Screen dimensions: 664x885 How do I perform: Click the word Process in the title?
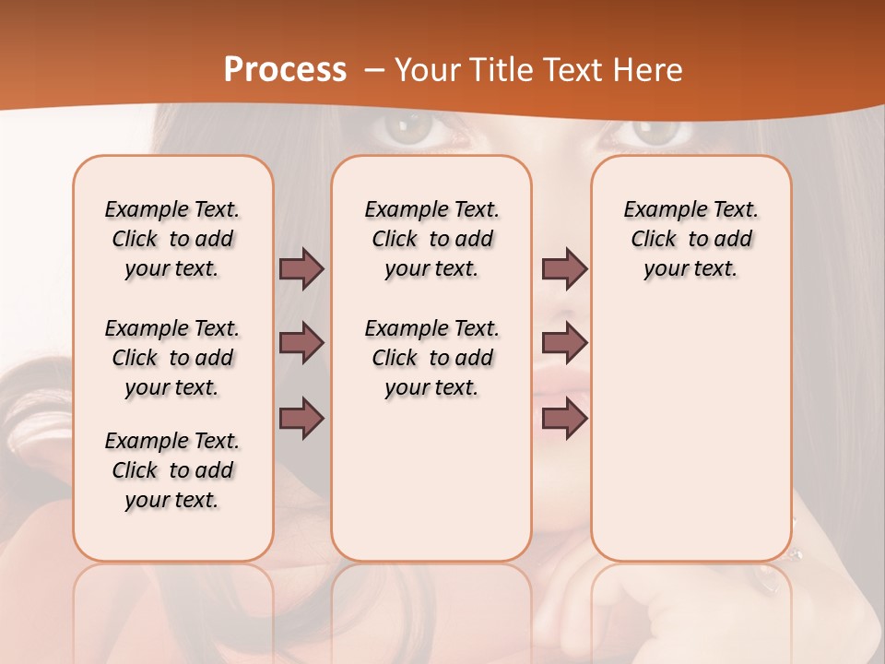tap(285, 70)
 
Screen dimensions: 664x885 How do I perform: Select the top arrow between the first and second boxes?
tap(301, 268)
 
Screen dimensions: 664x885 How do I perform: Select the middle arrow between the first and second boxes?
tap(301, 343)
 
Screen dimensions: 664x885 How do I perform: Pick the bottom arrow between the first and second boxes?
tap(301, 419)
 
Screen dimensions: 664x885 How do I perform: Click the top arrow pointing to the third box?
tap(564, 268)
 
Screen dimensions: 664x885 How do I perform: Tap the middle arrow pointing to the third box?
tap(564, 343)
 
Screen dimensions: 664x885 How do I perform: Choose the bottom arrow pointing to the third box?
tap(564, 419)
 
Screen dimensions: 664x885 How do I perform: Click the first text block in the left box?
tap(172, 239)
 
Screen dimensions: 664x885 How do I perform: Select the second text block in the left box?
tap(172, 358)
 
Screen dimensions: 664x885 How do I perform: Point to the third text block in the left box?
tap(172, 470)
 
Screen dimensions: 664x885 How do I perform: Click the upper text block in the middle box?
tap(432, 239)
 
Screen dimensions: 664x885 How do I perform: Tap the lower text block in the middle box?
tap(432, 358)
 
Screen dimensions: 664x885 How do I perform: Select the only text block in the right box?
tap(690, 239)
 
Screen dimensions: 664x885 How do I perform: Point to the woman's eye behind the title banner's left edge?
tap(412, 130)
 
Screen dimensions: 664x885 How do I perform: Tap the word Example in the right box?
tap(658, 210)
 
